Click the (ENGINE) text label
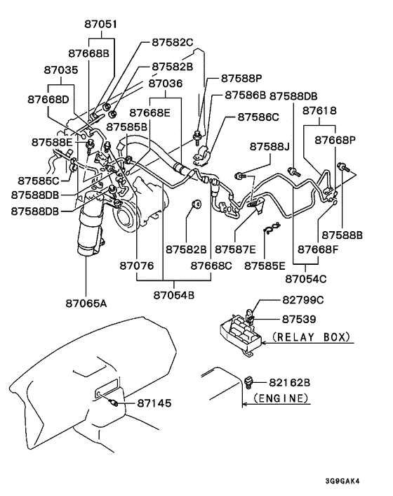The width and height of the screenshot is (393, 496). click(x=279, y=398)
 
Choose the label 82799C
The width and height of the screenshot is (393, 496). click(x=303, y=301)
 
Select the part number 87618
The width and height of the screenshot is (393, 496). click(x=319, y=111)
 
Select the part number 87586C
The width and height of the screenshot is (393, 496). click(x=258, y=117)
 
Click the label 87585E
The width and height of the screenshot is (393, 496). click(x=265, y=266)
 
